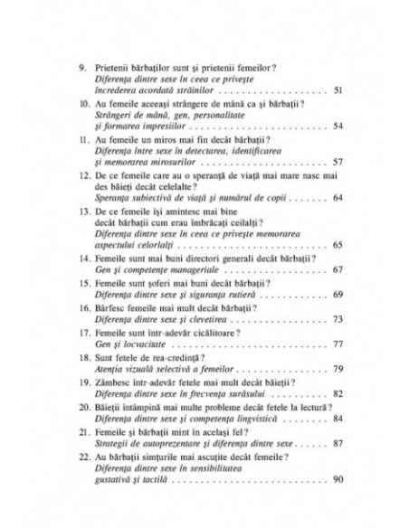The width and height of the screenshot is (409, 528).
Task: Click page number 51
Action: pos(338,92)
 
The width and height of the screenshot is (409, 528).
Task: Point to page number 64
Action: pos(338,195)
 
